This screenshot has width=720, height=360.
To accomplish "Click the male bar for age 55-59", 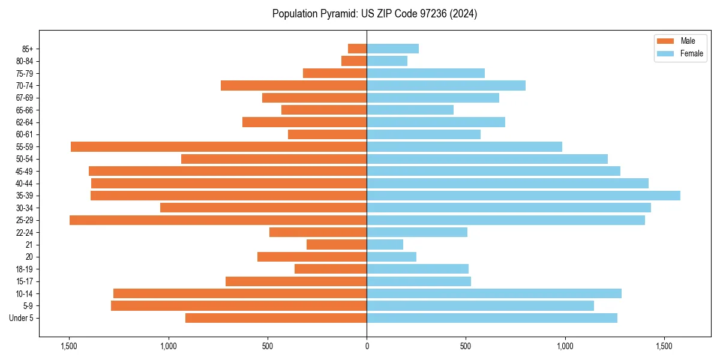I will pyautogui.click(x=218, y=146).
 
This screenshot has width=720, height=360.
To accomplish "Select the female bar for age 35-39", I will pyautogui.click(x=523, y=196).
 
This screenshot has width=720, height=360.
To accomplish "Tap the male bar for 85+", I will pyautogui.click(x=357, y=49).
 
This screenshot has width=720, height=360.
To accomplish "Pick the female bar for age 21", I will pyautogui.click(x=385, y=244).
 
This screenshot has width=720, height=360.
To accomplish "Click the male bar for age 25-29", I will pyautogui.click(x=218, y=220).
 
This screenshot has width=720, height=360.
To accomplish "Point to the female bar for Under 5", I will pyautogui.click(x=491, y=318).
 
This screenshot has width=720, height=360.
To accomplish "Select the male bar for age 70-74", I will pyautogui.click(x=293, y=85).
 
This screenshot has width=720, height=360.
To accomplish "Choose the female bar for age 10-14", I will pyautogui.click(x=494, y=293).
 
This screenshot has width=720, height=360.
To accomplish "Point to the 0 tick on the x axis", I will pyautogui.click(x=367, y=346).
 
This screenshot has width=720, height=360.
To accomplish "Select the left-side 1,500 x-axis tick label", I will pyautogui.click(x=69, y=346).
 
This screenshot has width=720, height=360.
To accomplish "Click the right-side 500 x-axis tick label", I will pyautogui.click(x=466, y=346).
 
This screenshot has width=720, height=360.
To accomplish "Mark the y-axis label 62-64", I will pyautogui.click(x=25, y=122).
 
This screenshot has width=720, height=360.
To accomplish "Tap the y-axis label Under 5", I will pyautogui.click(x=22, y=318).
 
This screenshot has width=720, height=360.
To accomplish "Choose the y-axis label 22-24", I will pyautogui.click(x=25, y=232).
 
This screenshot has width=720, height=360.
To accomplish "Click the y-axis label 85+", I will pyautogui.click(x=28, y=49).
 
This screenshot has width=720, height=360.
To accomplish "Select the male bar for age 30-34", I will pyautogui.click(x=263, y=208).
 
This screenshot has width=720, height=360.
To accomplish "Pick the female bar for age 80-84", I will pyautogui.click(x=387, y=61).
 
